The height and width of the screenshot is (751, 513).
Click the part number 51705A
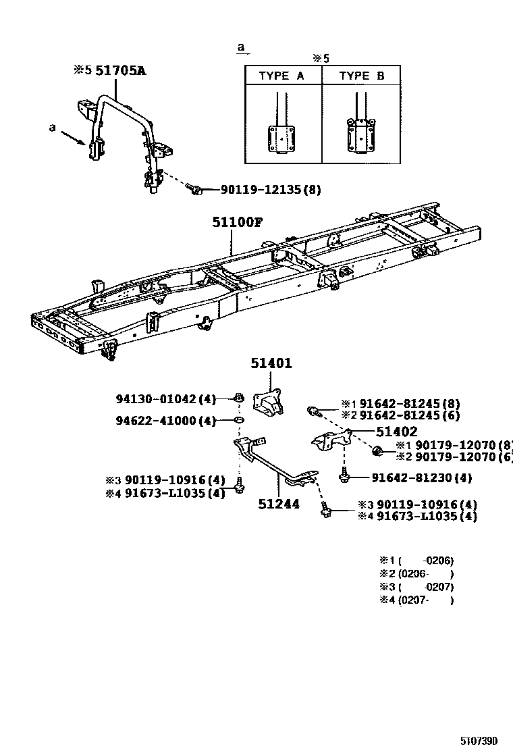120,70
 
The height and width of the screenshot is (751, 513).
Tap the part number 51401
271,363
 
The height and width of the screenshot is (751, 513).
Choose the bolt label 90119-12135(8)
270,190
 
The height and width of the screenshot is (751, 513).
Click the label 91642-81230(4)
421,478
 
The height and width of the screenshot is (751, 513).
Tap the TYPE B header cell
361,76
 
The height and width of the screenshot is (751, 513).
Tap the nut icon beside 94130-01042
239,398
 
